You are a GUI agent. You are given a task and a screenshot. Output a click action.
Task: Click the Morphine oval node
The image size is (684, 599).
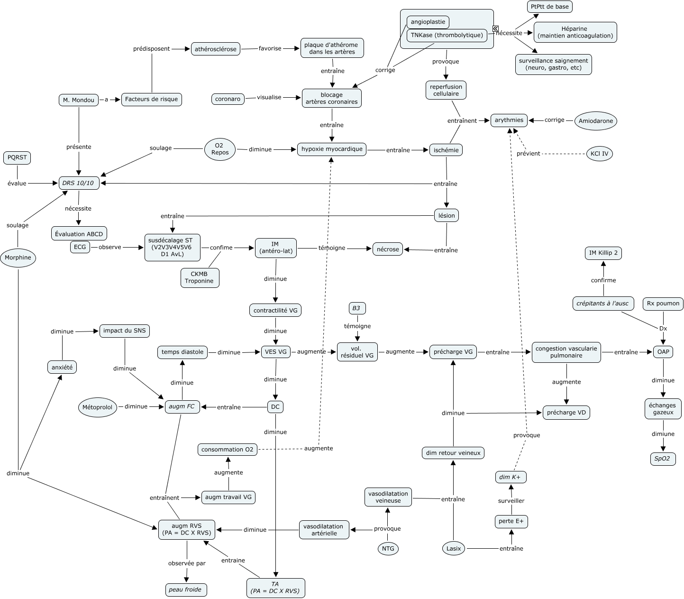[18, 258]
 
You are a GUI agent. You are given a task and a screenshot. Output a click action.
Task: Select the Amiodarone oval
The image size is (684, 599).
[596, 121]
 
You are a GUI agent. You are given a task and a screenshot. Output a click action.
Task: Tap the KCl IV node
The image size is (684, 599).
[599, 154]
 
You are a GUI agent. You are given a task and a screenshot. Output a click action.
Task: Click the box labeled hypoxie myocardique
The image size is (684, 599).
[332, 149]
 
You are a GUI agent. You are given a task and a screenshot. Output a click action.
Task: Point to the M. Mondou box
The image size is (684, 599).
[79, 100]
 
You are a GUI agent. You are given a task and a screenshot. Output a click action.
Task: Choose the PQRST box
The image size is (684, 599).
[17, 157]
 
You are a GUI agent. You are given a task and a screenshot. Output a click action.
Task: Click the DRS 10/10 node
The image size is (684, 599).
[79, 183]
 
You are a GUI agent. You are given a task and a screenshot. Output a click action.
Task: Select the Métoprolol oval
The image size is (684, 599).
[98, 407]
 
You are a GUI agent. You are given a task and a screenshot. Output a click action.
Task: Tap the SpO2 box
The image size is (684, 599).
[662, 459]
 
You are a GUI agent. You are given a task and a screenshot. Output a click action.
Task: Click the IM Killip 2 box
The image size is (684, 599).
[603, 253]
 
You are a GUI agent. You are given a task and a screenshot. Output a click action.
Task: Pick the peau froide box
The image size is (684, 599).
[185, 590]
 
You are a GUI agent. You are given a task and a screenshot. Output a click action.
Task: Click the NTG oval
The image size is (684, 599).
[388, 549]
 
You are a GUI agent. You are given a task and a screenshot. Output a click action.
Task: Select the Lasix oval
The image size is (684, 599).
[454, 549]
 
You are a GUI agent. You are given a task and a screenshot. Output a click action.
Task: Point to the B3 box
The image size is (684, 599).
[356, 308]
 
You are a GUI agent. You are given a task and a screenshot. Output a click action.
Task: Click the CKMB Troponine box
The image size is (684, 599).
[200, 277]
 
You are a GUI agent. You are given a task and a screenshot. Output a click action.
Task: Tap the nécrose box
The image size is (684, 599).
[388, 249]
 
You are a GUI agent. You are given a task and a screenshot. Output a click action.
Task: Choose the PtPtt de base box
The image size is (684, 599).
[549, 7]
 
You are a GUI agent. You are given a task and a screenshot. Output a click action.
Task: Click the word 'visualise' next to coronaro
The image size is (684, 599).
[269, 97]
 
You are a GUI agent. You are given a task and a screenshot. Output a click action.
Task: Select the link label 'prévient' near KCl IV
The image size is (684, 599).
[529, 154]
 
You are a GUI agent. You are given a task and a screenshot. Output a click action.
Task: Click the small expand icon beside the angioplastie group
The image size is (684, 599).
[495, 29]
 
